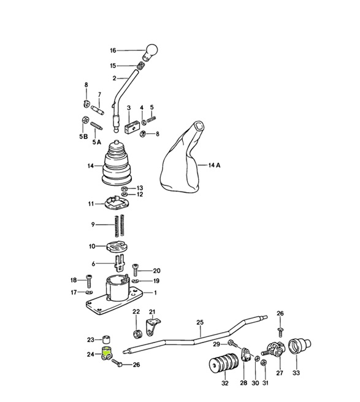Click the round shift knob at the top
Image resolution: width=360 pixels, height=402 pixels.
[152, 50]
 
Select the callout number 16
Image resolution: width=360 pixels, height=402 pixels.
[113, 51]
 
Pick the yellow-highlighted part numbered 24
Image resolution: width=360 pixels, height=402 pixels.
[106, 354]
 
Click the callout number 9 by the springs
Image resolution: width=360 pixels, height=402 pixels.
[93, 225]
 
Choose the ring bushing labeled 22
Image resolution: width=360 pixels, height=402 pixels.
[137, 334]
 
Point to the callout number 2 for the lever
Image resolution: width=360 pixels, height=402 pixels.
[114, 79]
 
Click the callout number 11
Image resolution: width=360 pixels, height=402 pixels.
[90, 203]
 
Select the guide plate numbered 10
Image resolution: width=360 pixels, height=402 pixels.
[116, 247]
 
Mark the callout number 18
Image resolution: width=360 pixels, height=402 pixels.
[74, 280]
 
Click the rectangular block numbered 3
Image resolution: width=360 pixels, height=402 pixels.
[129, 129]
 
